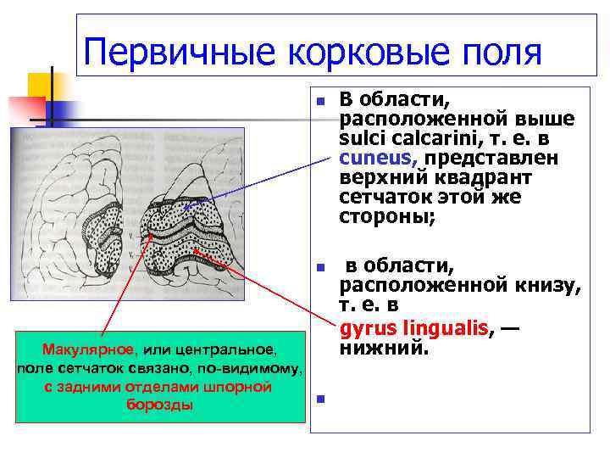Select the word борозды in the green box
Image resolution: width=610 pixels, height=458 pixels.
(x=159, y=404)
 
